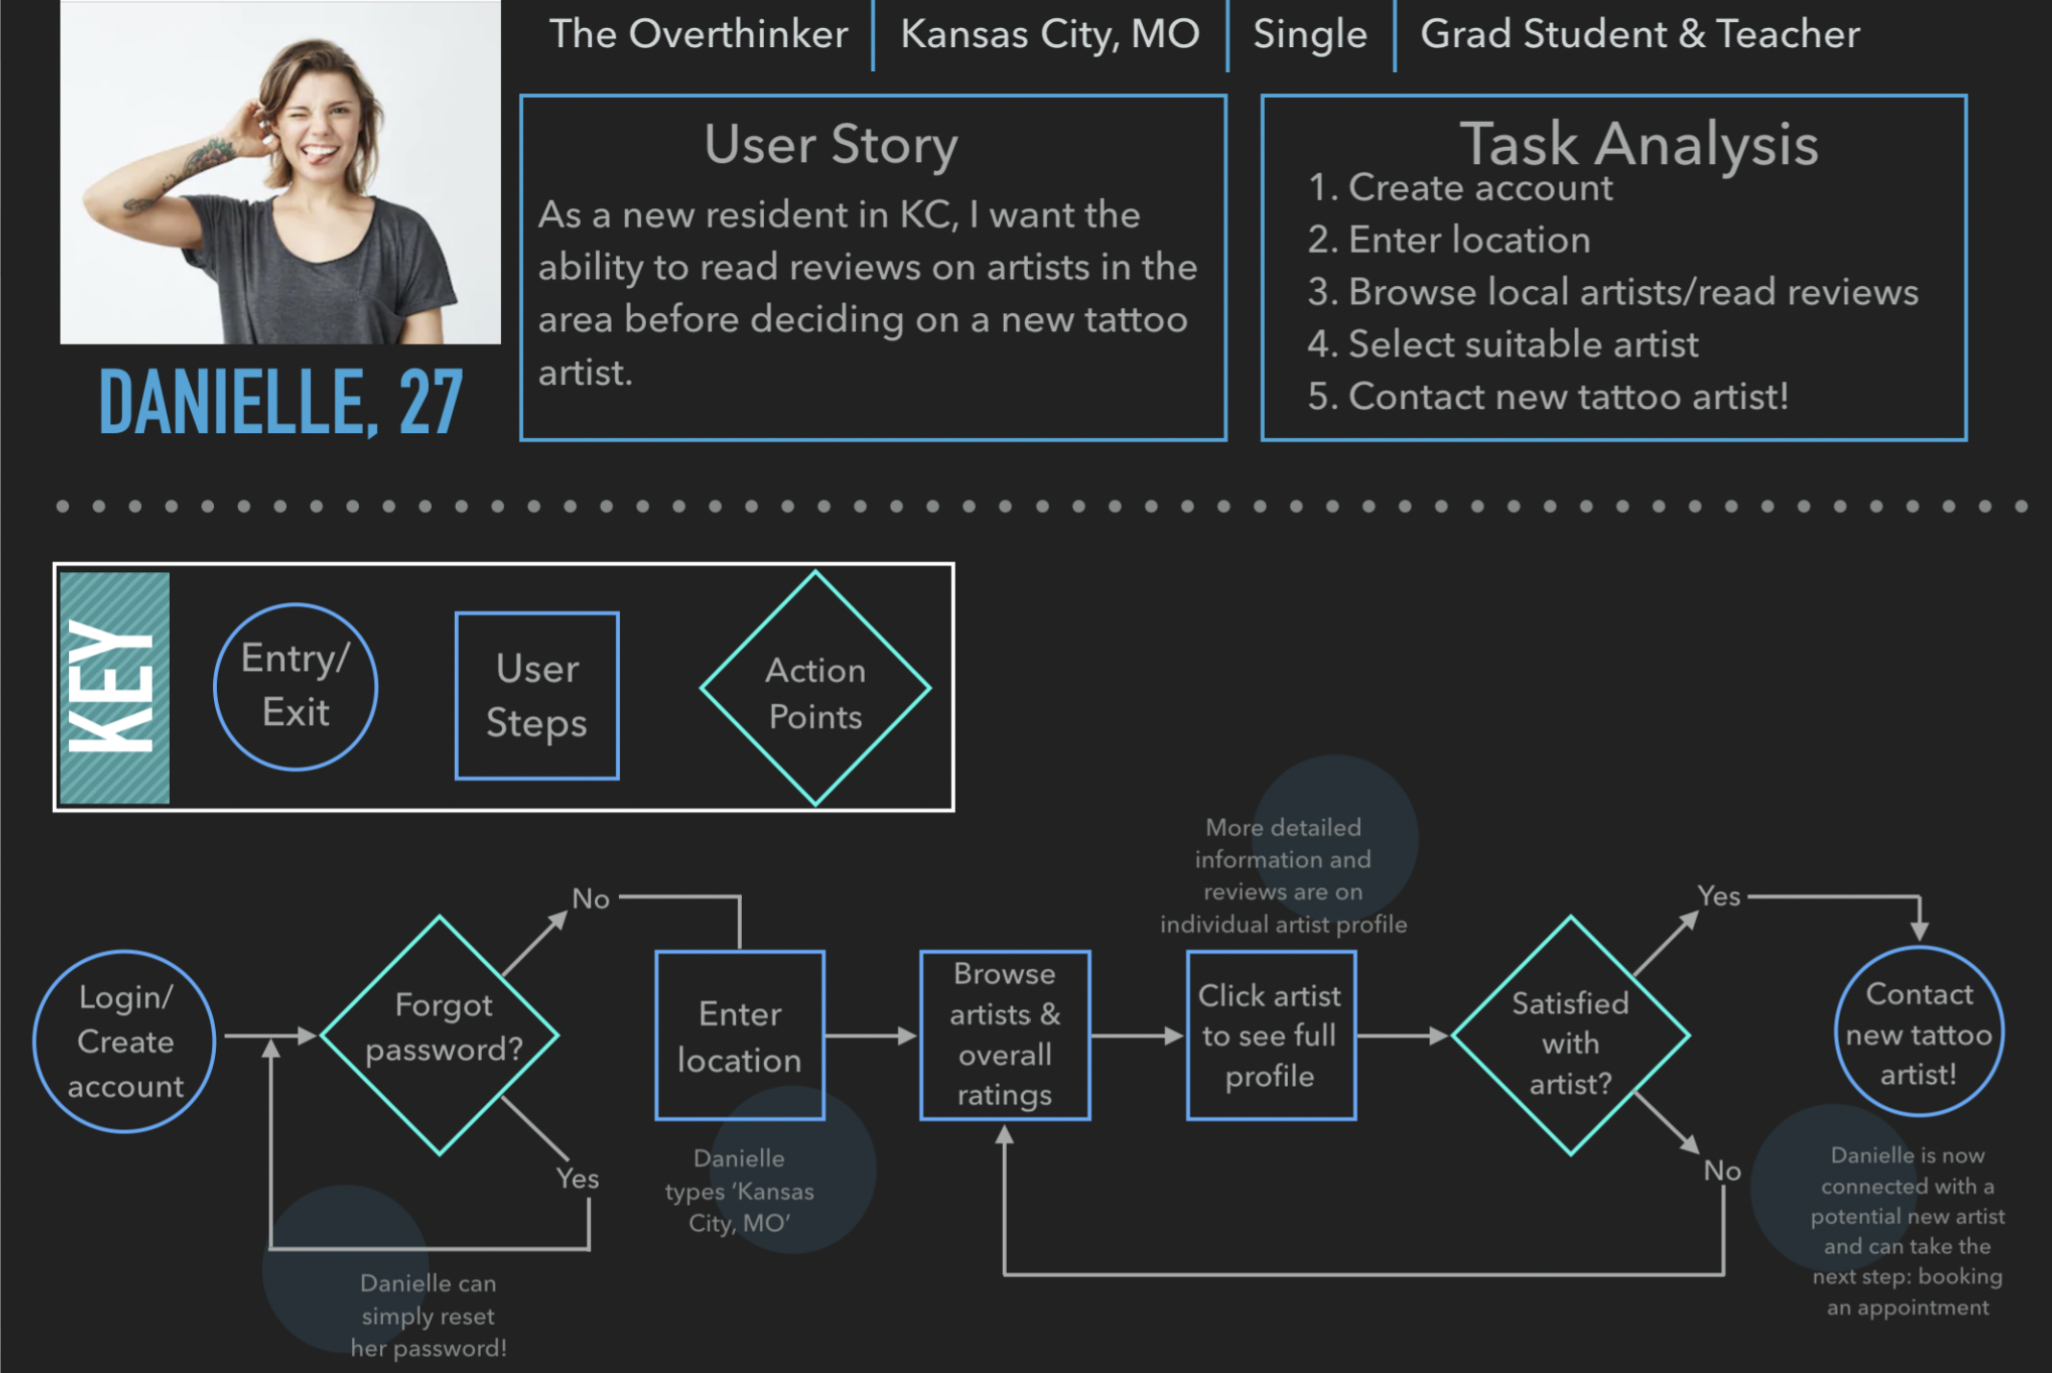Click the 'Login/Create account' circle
125,1041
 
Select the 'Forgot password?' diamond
441,1035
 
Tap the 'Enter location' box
739,1036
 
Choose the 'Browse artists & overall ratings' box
1005,1035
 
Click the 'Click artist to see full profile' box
1271,1036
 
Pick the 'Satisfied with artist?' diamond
1570,1036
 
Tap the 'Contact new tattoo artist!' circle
1919,1032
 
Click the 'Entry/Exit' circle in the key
296,686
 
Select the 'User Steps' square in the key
537,695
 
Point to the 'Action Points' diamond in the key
815,689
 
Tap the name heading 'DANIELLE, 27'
281,402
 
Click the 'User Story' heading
831,145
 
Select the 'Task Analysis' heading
1638,145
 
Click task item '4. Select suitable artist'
1503,345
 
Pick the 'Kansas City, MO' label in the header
1050,35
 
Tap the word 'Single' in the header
1310,35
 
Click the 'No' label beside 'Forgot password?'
591,899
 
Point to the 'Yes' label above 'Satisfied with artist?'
1718,896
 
